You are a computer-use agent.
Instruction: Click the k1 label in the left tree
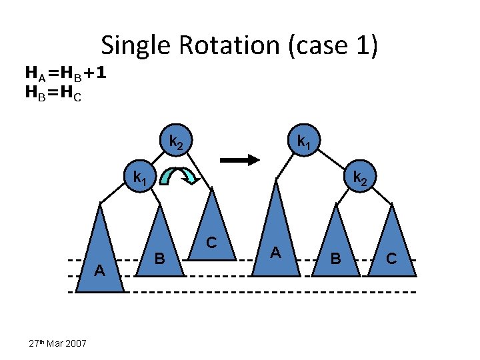(x=140, y=178)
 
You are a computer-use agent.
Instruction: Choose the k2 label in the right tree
(x=359, y=178)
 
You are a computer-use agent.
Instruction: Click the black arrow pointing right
(x=239, y=160)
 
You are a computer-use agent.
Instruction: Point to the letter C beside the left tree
(x=211, y=243)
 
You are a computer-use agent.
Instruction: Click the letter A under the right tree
(x=275, y=252)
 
